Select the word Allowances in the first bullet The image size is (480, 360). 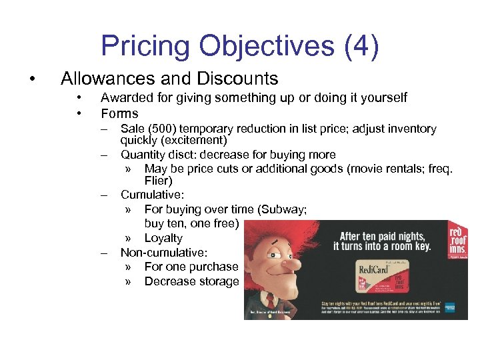[x=104, y=79]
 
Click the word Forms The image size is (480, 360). [x=119, y=113]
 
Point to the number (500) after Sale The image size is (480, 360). [x=163, y=129]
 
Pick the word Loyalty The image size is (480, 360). [x=163, y=238]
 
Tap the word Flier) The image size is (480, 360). [x=158, y=181]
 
